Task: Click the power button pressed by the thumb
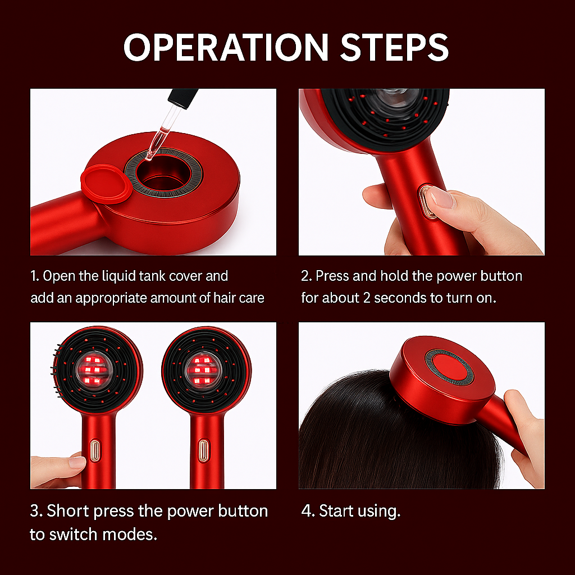pyautogui.click(x=428, y=203)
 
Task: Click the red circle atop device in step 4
pyautogui.click(x=450, y=368)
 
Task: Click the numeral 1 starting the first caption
pyautogui.click(x=34, y=276)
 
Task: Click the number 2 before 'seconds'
pyautogui.click(x=367, y=298)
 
